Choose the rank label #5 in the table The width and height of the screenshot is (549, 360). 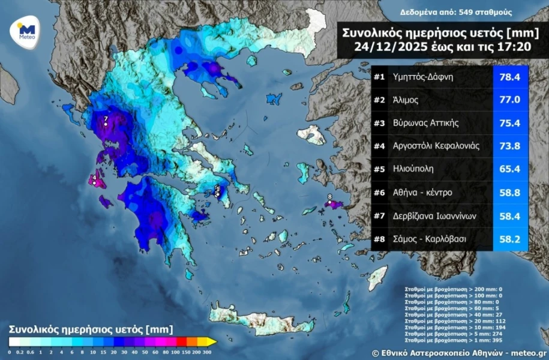[379, 169]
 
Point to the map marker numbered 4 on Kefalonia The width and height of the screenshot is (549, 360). [94, 178]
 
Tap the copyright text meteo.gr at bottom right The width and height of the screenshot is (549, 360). [529, 353]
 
